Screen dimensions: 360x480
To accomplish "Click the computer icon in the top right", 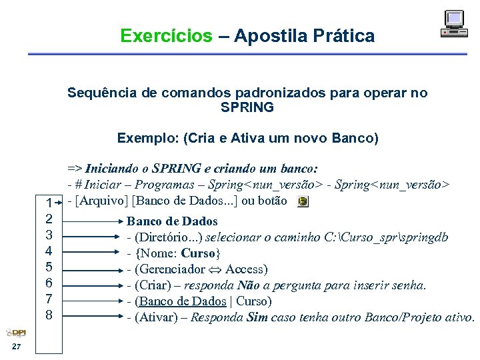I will [454, 24].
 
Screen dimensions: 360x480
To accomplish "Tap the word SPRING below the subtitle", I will [247, 107].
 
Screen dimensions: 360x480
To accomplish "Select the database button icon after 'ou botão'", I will [303, 201].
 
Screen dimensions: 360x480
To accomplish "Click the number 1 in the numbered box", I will [49, 203].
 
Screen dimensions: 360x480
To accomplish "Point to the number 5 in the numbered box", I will [49, 267].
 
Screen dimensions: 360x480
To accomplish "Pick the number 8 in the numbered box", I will [49, 313].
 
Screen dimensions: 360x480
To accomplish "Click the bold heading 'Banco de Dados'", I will [172, 221].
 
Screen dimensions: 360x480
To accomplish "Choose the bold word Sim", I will [257, 317].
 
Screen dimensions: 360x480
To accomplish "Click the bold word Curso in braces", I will [199, 253].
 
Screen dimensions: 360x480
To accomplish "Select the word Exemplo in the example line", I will [143, 139].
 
